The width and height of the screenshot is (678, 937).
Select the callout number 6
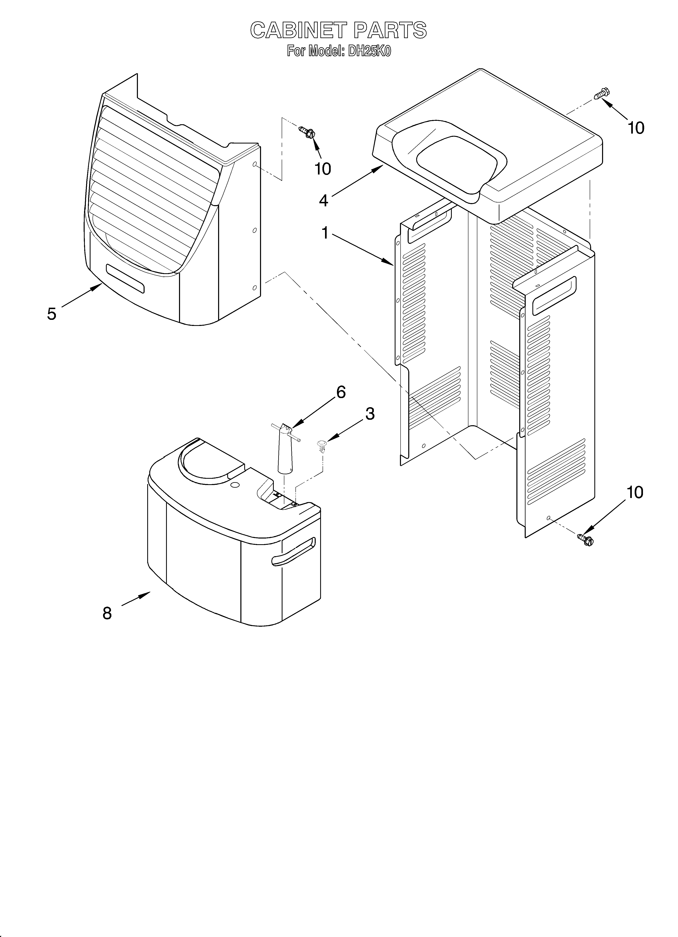[341, 392]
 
